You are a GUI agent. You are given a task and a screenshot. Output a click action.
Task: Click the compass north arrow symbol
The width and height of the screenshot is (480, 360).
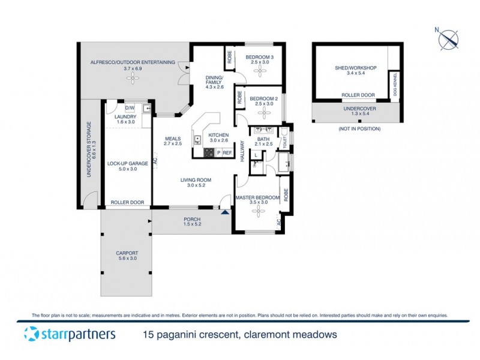coord(448,40)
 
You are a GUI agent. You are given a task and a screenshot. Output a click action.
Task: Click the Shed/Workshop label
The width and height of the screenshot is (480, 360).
coord(356,68)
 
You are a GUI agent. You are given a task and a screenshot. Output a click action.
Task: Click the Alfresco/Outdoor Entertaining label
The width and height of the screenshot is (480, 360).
coord(132,62)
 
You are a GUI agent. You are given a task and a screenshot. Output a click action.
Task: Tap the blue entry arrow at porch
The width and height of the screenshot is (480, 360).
coord(225,211)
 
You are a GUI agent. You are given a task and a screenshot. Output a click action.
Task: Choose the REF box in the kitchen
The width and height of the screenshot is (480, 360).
coord(227,153)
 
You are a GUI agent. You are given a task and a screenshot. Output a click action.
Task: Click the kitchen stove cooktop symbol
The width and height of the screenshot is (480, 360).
coord(209,152)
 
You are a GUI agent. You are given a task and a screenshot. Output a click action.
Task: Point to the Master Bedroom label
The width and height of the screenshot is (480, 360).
coord(257,197)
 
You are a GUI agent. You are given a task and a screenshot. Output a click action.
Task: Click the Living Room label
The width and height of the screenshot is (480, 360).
coord(196,179)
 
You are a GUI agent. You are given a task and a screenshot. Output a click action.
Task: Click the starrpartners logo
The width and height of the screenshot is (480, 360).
coord(69,334)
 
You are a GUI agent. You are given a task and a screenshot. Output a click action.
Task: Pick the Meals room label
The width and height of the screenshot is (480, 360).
coord(173,139)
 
